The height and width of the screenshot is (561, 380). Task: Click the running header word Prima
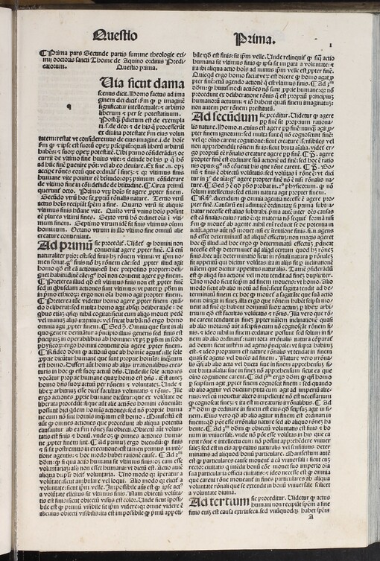[251, 37]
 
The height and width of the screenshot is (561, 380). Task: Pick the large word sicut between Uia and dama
[136, 83]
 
